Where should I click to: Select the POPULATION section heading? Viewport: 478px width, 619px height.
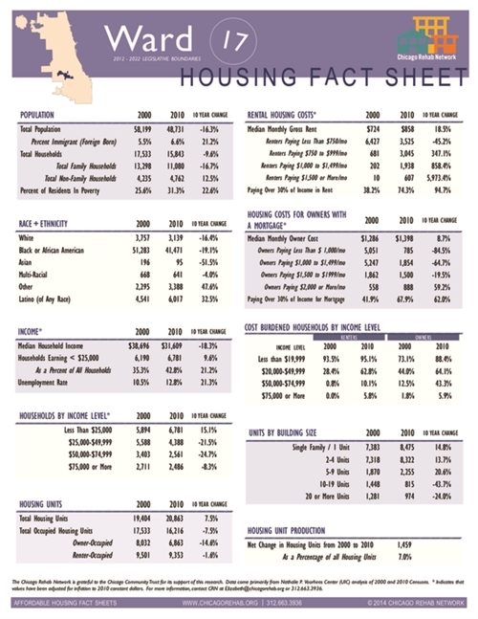click(43, 114)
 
